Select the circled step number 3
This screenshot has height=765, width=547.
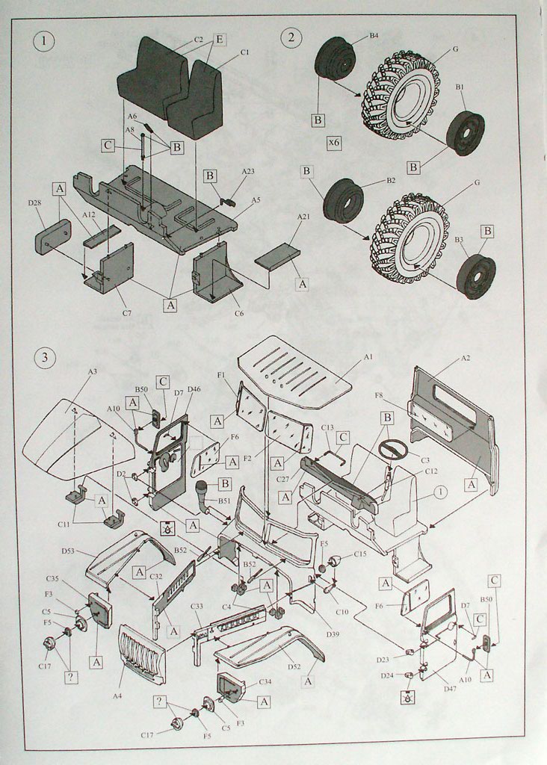pos(45,356)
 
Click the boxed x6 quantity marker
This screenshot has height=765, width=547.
pos(334,140)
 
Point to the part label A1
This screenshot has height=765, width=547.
pos(368,357)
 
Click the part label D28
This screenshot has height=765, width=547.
pos(35,203)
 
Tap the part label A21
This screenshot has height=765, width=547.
pos(303,217)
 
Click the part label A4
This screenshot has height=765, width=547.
pos(117,696)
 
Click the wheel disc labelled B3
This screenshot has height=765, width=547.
pos(475,276)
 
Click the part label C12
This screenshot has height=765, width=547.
pos(431,471)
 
